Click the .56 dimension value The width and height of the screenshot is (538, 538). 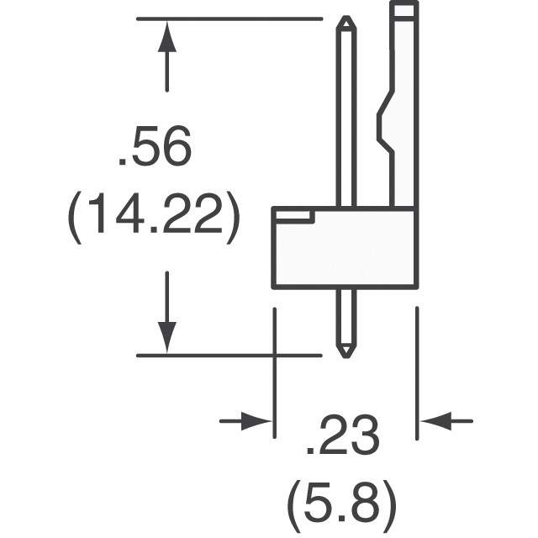tap(155, 145)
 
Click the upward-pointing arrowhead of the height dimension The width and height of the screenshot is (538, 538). tap(167, 37)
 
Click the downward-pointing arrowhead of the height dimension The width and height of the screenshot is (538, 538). tap(167, 337)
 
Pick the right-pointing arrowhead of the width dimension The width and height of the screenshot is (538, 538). tap(256, 420)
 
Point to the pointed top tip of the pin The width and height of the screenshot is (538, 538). tap(346, 17)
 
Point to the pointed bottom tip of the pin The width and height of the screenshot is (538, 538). tap(346, 356)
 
